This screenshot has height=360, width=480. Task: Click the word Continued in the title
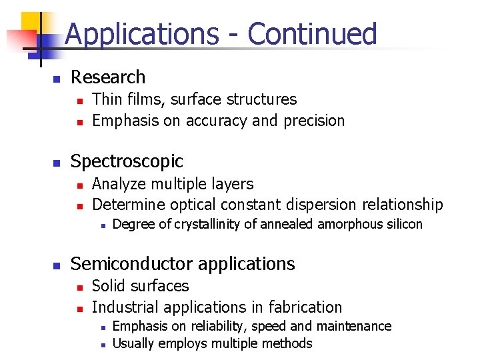pos(313,33)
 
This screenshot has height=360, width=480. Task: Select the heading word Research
pos(108,77)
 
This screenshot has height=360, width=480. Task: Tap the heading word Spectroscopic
pos(127,161)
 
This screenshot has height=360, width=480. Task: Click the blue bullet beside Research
pos(57,79)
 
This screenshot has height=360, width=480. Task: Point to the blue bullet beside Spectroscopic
pos(57,163)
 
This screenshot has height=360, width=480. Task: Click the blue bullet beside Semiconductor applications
pos(57,265)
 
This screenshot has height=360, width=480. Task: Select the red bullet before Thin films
pos(79,101)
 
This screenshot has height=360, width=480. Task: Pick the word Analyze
pos(118,183)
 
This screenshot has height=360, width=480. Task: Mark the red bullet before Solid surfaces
pos(79,287)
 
